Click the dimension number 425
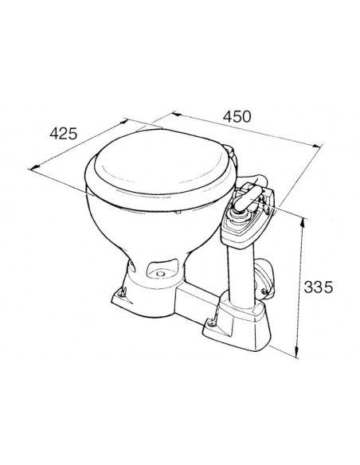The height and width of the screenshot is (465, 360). coord(62,133)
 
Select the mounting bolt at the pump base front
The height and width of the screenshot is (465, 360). coord(212,322)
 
